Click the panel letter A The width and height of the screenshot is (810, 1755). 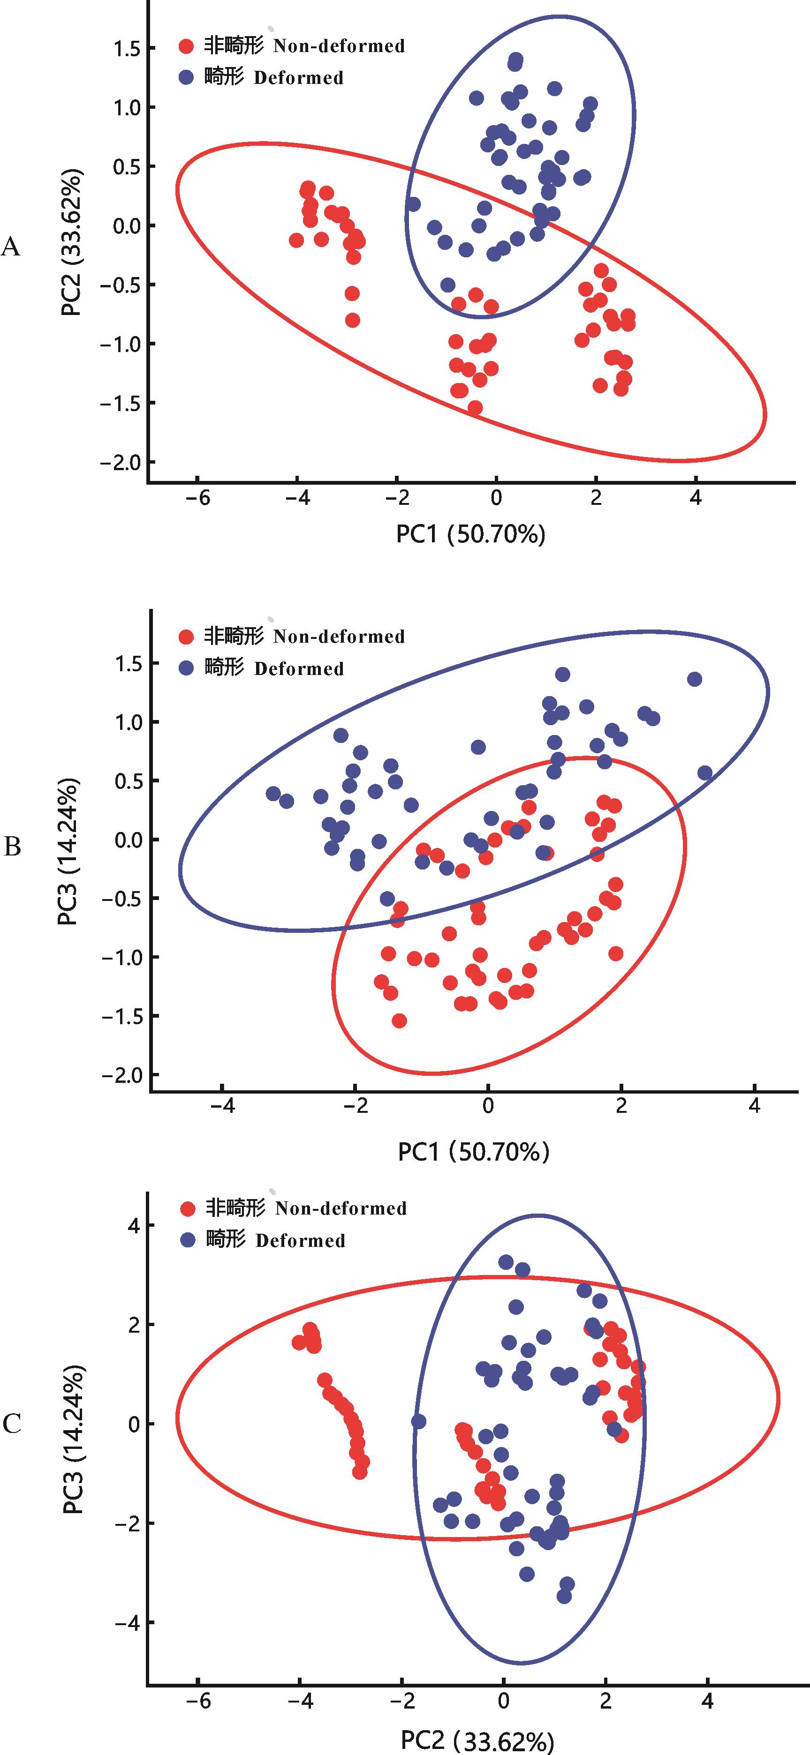pyautogui.click(x=11, y=247)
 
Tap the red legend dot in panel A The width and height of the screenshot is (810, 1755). pyautogui.click(x=185, y=46)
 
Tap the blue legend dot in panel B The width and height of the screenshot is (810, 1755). pyautogui.click(x=185, y=668)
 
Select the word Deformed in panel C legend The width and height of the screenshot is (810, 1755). pyautogui.click(x=300, y=1241)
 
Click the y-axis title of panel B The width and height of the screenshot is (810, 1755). pyautogui.click(x=69, y=852)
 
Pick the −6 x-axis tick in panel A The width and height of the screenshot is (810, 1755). pyautogui.click(x=197, y=497)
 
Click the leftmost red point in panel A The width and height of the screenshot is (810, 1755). pyautogui.click(x=296, y=240)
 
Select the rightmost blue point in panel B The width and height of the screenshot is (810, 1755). pyautogui.click(x=705, y=772)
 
